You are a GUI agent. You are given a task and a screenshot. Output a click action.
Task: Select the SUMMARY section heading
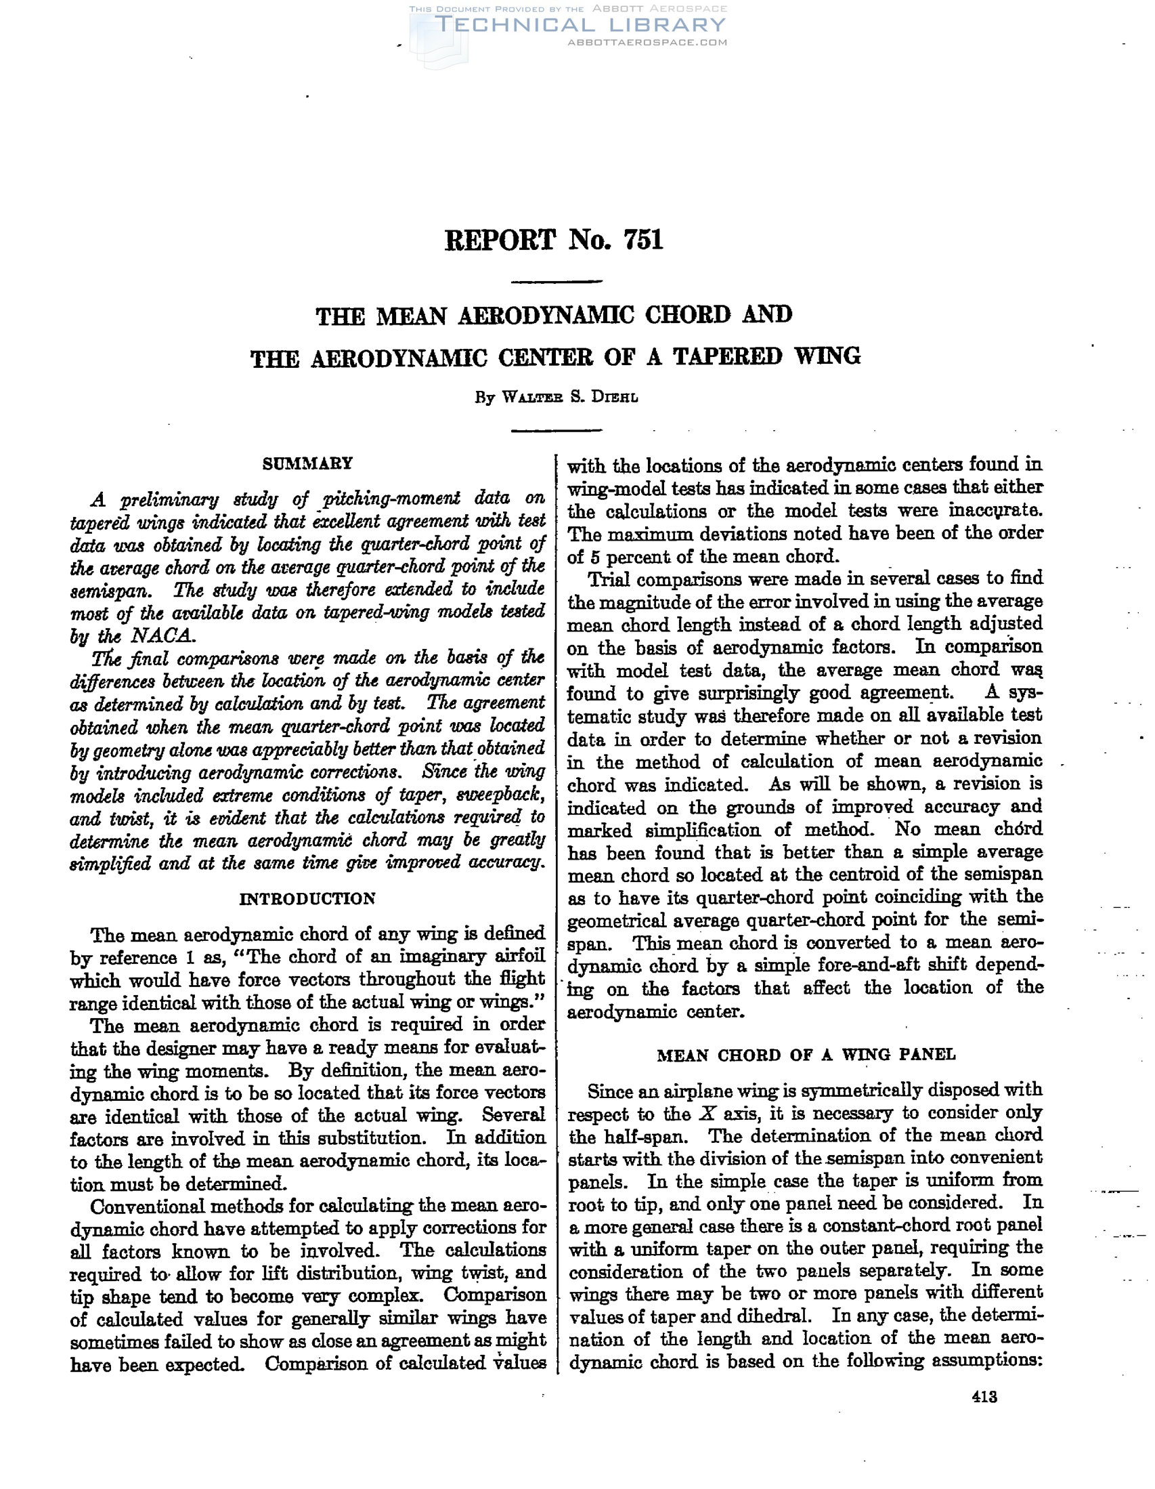pos(308,463)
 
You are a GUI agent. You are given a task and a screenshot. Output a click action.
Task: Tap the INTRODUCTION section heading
pos(307,898)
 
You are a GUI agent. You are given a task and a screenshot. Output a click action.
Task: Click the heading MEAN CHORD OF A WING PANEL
pos(806,1055)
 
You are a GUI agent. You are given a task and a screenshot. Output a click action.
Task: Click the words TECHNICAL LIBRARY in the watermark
pos(580,25)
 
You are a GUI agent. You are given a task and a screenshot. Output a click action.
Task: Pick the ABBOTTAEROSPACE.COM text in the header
pos(647,42)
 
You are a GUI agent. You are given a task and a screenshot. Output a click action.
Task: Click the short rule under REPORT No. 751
pos(556,282)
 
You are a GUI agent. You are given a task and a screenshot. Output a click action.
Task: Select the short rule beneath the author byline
pos(556,430)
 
